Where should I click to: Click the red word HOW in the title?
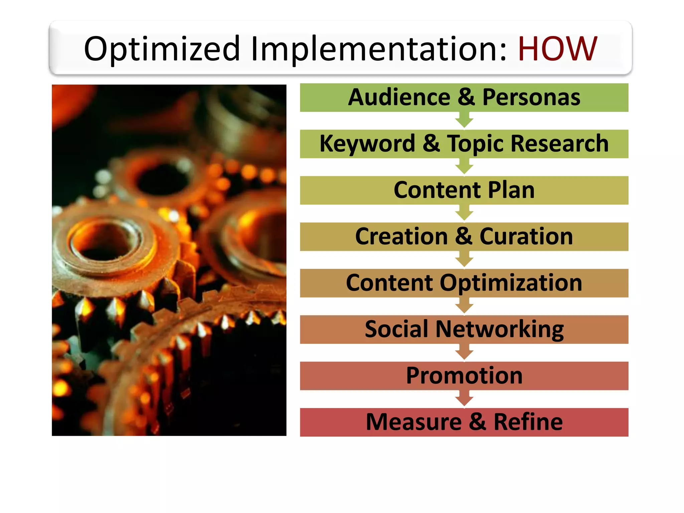pos(557,49)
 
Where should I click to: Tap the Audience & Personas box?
pos(464,98)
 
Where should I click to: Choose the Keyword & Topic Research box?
pos(464,144)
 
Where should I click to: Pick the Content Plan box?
pos(464,190)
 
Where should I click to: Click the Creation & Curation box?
pos(464,237)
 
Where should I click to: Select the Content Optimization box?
pos(464,283)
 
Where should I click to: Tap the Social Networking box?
pos(464,330)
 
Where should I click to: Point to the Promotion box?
pos(464,376)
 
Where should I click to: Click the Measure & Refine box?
pos(464,422)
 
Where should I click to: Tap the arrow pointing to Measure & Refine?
pos(464,399)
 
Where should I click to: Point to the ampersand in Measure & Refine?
pos(477,422)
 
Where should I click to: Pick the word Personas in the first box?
pos(531,98)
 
